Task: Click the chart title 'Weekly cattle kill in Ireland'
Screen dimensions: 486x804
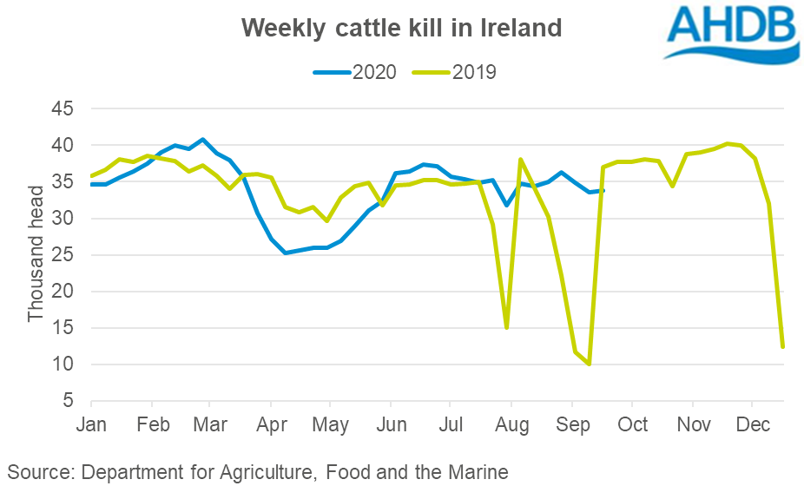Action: (402, 28)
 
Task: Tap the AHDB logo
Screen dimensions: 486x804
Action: (731, 32)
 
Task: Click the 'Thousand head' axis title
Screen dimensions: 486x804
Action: (36, 253)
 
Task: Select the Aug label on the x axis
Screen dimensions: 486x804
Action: (511, 424)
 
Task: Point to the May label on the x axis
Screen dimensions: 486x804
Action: (330, 424)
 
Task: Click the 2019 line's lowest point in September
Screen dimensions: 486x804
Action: (589, 364)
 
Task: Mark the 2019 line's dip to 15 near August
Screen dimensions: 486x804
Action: (506, 327)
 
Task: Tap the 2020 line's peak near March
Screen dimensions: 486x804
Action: (202, 139)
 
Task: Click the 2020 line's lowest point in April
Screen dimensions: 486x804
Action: (286, 253)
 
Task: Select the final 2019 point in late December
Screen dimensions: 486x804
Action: (782, 347)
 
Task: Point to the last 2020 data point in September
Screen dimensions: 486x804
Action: (603, 191)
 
